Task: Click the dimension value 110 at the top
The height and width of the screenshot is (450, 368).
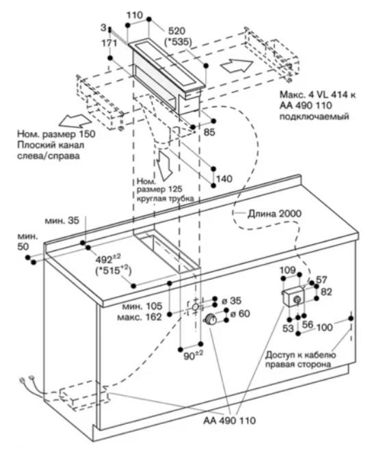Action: pos(134,15)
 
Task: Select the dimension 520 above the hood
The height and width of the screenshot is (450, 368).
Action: pos(176,31)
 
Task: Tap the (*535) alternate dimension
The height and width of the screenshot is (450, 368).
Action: pos(178,42)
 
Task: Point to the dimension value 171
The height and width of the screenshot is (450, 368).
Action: pos(109,43)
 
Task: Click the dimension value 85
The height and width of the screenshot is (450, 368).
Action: pos(209,132)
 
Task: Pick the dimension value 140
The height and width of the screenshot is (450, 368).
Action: pos(224,178)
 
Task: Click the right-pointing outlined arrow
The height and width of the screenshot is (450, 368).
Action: pos(237,66)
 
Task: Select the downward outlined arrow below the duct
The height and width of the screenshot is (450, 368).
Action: pos(164,165)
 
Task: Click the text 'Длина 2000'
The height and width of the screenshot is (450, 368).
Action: pos(274,213)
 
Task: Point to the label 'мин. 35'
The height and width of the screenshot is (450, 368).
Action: pos(62,220)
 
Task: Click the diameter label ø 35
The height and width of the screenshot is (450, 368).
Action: pos(231,301)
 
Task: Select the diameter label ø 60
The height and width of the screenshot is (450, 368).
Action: pos(240,314)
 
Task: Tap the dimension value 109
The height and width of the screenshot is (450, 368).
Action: pos(287,269)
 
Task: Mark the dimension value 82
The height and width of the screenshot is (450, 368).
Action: pos(326,292)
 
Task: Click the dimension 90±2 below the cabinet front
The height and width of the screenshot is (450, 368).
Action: pos(193,356)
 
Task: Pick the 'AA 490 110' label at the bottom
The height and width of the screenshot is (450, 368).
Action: pos(229,421)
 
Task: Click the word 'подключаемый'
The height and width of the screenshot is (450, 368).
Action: pos(315,116)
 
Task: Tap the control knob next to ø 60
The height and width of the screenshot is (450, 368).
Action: pos(211,319)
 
